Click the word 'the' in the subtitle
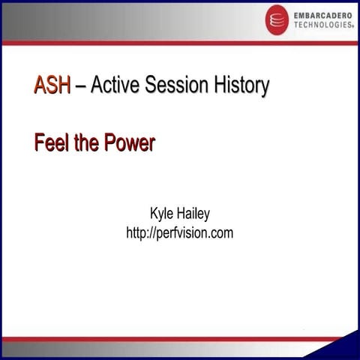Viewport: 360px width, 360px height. click(88, 143)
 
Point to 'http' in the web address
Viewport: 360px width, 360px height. click(138, 233)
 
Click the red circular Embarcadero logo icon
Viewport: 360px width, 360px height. click(277, 19)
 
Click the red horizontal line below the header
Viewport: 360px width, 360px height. click(180, 43)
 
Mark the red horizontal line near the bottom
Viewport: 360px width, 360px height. click(180, 339)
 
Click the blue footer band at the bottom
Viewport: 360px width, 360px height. click(150, 349)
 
